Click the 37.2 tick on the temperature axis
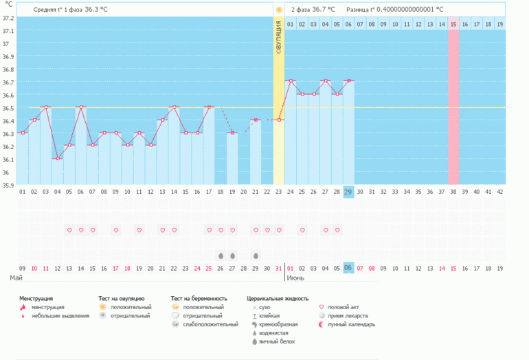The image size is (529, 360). click(8, 17)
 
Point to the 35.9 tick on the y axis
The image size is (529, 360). click(8, 185)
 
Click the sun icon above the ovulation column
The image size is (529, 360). click(279, 10)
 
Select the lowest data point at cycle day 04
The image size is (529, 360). click(58, 158)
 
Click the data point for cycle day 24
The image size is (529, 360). click(291, 81)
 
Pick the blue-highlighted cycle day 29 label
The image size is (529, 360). click(348, 192)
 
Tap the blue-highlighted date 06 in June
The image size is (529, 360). click(348, 268)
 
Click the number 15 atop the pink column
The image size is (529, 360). click(453, 24)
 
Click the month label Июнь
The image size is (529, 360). click(296, 279)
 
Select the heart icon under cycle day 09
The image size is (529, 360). click(116, 230)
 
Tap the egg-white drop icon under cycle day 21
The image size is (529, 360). click(256, 255)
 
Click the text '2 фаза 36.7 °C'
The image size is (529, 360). click(313, 10)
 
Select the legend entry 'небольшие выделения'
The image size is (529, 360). click(60, 315)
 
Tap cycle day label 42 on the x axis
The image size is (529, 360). click(499, 192)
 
